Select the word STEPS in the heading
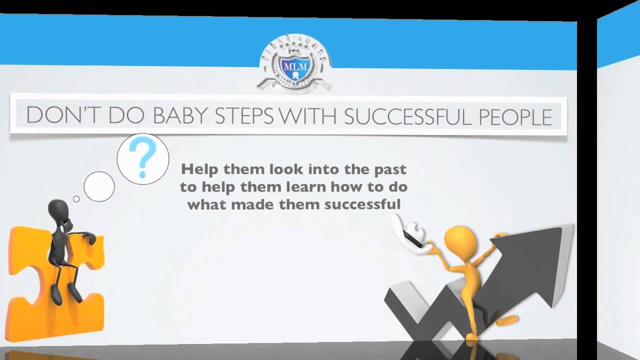244,116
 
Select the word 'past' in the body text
389,169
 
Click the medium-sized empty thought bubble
99,186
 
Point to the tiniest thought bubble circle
76,199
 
